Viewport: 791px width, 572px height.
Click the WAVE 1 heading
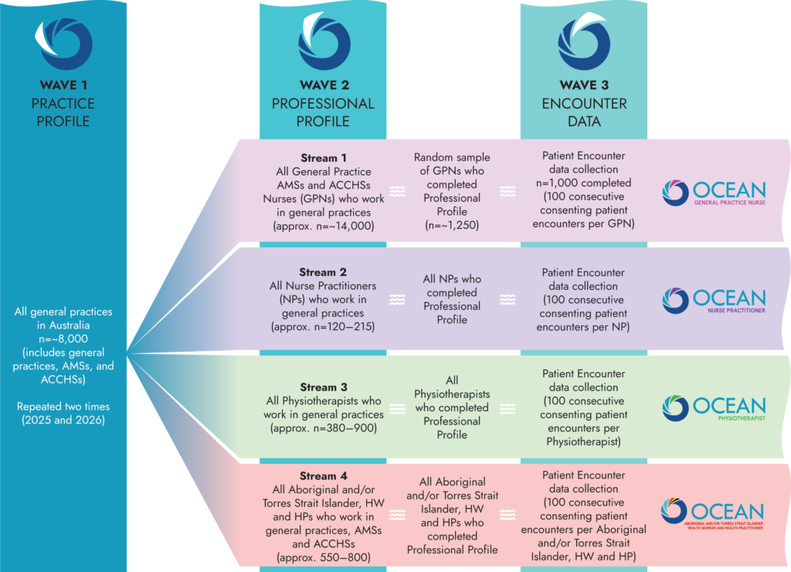tap(63, 84)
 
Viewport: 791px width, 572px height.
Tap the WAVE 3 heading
tap(584, 84)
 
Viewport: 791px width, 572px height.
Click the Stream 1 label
tap(324, 157)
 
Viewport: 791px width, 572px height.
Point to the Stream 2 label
tap(324, 272)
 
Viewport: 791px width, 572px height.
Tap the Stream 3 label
tap(324, 386)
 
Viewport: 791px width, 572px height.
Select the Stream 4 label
tap(324, 475)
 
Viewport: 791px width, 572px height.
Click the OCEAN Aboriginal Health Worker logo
tap(712, 514)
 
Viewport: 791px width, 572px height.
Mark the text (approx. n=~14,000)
tap(324, 226)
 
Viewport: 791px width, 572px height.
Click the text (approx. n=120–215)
tap(324, 328)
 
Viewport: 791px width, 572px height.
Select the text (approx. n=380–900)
tap(324, 428)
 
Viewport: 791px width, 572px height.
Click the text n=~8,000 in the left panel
tap(63, 339)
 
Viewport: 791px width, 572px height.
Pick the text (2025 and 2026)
tap(63, 420)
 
